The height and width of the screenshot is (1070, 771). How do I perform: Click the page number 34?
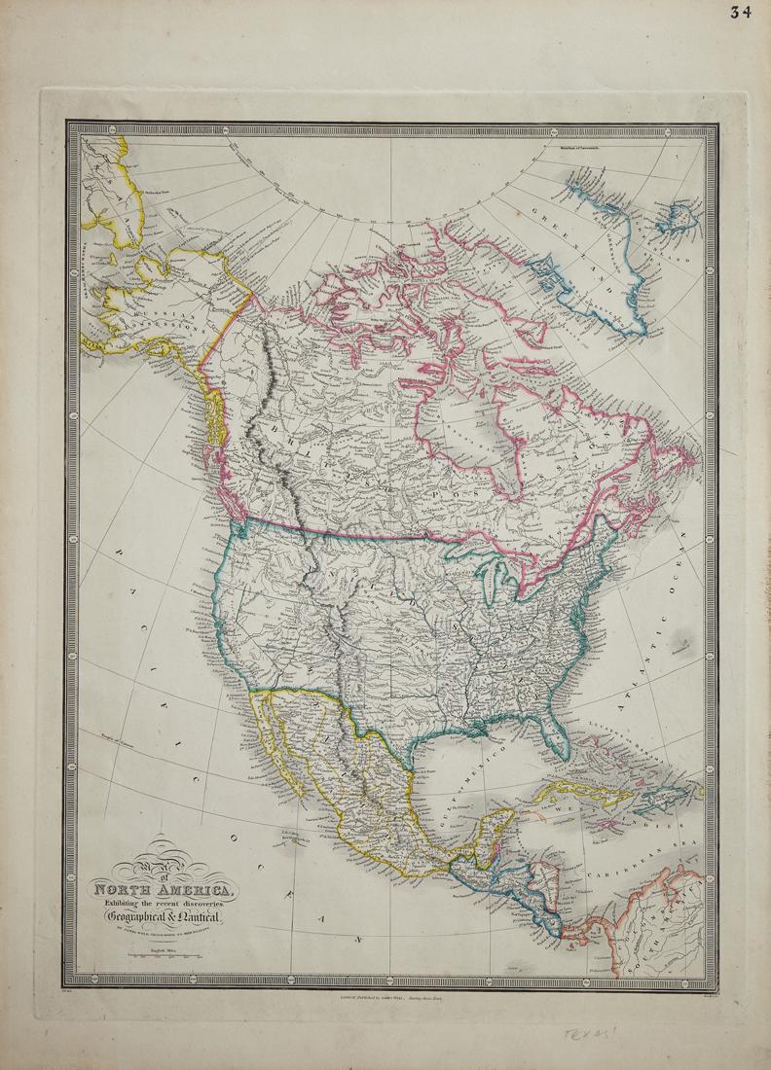tap(744, 13)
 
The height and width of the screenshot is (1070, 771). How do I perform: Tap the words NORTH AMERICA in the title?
tap(162, 889)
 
